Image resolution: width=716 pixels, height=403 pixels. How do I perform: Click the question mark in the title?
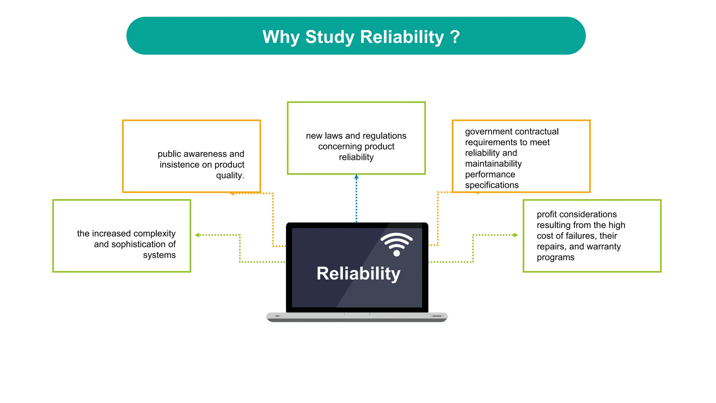point(454,37)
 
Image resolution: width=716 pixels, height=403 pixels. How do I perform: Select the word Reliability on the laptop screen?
point(358,273)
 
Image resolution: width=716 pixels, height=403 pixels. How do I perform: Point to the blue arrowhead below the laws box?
point(356,177)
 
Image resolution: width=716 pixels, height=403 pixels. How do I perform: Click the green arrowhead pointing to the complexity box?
point(197,235)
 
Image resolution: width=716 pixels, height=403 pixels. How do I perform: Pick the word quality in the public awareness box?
point(229,175)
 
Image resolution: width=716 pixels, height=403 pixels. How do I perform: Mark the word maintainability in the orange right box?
point(493,164)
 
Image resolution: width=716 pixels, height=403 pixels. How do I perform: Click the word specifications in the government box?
point(492,185)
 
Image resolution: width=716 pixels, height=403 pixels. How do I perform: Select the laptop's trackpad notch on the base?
point(357,314)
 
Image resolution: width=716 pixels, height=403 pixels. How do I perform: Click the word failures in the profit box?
point(579,236)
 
